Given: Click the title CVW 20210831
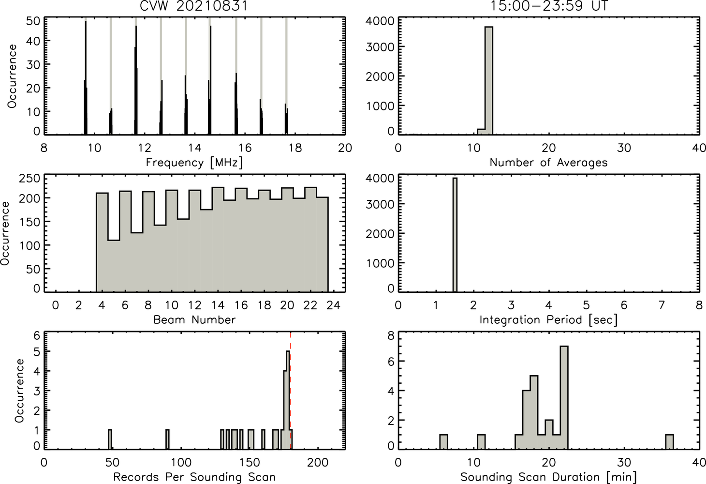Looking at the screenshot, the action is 193,6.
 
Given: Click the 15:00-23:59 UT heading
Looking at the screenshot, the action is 548,6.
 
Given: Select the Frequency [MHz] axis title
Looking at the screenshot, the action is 194,163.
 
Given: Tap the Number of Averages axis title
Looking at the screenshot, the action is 548,162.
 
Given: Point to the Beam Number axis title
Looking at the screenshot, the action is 194,319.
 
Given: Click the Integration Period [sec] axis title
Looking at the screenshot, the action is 548,320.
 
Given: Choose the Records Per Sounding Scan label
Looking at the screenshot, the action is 194,477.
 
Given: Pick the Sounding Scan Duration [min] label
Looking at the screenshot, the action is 548,477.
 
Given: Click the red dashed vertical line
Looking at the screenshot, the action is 291,390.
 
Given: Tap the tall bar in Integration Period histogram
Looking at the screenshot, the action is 455,235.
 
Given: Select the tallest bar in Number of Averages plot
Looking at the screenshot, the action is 489,81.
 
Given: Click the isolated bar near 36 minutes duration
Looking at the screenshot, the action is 669,442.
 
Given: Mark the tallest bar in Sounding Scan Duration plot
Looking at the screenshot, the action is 564,397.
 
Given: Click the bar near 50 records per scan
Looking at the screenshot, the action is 110,439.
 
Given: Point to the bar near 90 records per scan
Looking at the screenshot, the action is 168,439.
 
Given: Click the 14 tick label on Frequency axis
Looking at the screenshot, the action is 195,148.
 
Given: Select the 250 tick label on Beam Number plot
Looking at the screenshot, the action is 29,178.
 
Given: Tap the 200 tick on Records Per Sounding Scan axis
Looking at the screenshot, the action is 318,463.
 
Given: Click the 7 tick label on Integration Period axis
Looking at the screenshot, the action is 662,305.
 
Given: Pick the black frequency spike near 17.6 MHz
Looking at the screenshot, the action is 286,119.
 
